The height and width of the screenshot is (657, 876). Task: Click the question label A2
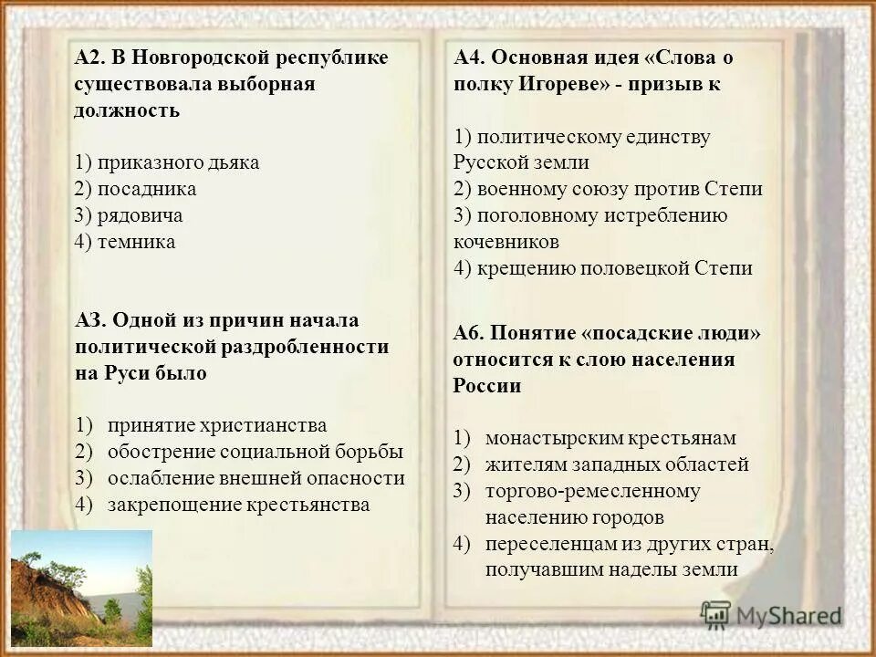click(89, 58)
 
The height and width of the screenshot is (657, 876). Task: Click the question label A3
click(90, 320)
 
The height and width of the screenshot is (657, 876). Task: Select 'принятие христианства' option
click(216, 425)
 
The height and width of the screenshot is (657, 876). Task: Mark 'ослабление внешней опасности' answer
click(255, 478)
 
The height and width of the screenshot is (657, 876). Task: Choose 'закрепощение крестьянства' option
click(238, 505)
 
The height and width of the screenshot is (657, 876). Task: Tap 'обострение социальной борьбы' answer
click(255, 452)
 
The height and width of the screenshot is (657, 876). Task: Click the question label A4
click(469, 58)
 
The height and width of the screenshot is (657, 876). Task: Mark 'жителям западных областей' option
click(617, 464)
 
